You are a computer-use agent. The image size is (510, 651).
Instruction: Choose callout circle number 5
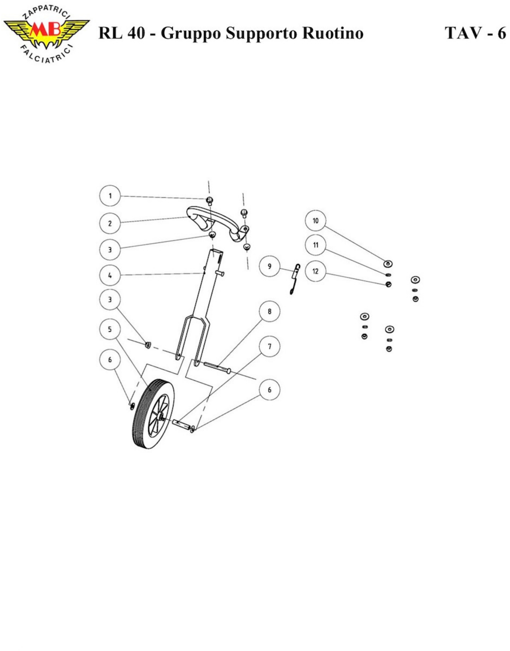[110, 329]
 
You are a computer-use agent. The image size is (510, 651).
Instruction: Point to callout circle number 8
[270, 312]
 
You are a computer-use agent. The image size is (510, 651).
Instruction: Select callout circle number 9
[270, 266]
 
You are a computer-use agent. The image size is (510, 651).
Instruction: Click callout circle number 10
[316, 221]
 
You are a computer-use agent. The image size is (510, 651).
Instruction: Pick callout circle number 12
[316, 271]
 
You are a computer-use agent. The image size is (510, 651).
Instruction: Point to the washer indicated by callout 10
[388, 264]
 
